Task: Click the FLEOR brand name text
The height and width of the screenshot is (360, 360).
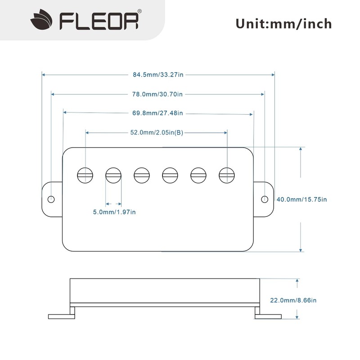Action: point(99,21)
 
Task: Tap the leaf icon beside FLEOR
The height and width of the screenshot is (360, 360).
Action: point(41,19)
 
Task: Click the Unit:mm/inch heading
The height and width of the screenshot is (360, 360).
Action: point(284,24)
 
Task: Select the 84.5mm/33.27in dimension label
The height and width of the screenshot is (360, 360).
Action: point(158,75)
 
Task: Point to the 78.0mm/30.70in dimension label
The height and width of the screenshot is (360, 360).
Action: point(157,94)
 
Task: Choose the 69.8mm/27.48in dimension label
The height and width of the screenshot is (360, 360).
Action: point(157,113)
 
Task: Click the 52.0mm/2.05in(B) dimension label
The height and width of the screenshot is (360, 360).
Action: point(157,132)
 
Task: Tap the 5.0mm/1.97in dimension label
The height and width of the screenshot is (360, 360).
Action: point(114,212)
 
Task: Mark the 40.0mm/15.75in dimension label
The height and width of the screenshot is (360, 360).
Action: point(301,199)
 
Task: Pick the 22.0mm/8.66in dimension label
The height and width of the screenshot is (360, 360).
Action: point(293,300)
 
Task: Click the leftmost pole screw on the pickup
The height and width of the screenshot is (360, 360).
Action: point(85,175)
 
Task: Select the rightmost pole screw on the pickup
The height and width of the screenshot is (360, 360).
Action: point(227,175)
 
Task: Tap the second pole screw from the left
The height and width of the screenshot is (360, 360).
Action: point(113,175)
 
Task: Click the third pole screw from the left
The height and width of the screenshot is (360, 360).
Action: point(142,175)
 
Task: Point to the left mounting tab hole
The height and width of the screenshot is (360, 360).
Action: point(51,199)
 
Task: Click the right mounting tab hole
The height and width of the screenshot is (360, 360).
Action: point(265,199)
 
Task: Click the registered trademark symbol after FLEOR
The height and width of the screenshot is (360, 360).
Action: point(139,11)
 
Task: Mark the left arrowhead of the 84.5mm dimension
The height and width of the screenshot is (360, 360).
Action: point(43,75)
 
